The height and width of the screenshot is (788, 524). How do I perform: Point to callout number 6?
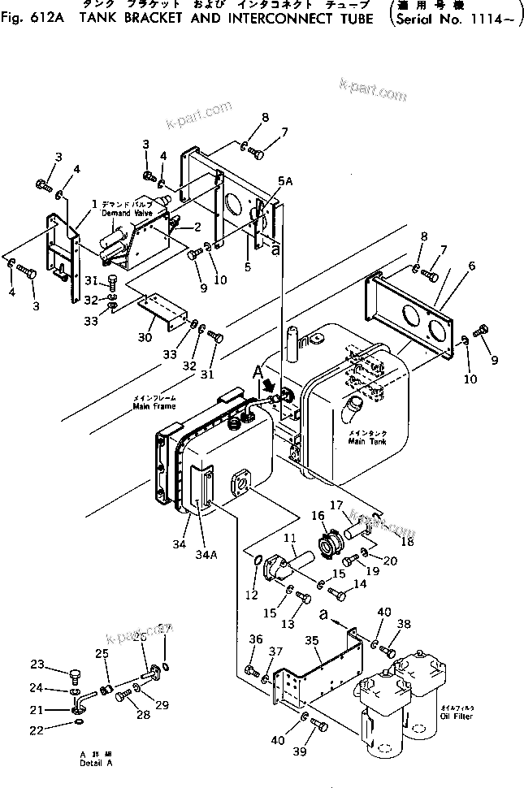pos(471,265)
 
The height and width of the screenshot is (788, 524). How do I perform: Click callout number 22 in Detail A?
pos(58,731)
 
